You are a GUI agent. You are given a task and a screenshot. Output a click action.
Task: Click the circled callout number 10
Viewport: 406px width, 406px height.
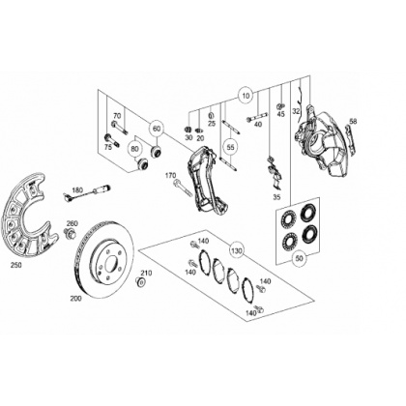click(246, 96)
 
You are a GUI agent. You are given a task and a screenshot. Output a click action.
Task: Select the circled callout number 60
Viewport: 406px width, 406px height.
click(157, 129)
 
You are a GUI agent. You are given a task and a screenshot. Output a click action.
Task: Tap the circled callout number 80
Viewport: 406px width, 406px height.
click(134, 149)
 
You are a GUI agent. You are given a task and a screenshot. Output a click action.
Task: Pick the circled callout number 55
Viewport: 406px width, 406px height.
click(230, 147)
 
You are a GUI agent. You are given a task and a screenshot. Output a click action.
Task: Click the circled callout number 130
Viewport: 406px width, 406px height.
click(237, 250)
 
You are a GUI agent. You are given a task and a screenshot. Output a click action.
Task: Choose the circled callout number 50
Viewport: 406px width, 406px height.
click(300, 258)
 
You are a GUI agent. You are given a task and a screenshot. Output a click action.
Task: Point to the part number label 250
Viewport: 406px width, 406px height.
click(16, 265)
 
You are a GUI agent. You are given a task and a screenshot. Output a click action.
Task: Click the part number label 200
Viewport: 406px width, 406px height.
click(75, 299)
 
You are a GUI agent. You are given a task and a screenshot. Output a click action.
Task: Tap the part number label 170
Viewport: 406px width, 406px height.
click(170, 176)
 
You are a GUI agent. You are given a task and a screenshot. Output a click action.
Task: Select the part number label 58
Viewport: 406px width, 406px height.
click(353, 122)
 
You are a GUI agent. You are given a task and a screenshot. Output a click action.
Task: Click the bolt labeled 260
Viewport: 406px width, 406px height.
click(70, 233)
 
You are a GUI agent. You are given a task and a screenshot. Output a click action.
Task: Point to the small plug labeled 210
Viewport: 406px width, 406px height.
click(140, 282)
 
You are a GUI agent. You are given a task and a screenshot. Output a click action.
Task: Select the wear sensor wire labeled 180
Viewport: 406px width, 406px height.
click(87, 191)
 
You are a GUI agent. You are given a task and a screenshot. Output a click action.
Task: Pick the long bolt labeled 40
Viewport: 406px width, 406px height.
click(257, 117)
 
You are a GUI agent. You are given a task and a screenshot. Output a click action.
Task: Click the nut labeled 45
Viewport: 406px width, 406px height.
click(280, 105)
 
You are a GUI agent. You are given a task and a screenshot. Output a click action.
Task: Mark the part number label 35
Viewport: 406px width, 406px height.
click(276, 197)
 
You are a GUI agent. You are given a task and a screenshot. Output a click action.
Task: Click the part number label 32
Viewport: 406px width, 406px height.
click(296, 111)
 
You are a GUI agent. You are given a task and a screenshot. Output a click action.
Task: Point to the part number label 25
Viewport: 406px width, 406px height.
click(212, 124)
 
